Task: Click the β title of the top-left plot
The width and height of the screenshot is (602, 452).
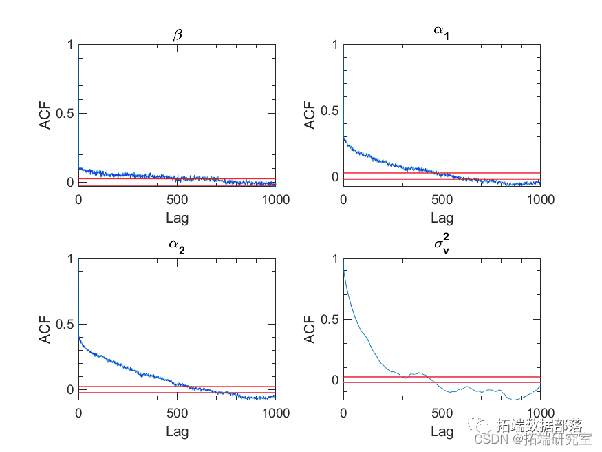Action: pos(177,34)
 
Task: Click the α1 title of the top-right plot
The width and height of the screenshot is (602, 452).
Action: pos(442,32)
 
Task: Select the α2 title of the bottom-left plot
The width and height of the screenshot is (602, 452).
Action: pos(177,247)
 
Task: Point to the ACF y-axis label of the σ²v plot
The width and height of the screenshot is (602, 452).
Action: pos(310,329)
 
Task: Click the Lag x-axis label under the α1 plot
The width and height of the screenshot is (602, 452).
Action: pos(442,218)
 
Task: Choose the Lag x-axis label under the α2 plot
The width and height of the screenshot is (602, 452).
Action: pos(177,432)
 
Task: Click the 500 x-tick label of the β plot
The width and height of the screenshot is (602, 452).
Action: pos(177,200)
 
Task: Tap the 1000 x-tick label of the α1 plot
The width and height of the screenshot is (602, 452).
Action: pos(540,200)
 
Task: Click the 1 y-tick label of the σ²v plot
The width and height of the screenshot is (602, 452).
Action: pos(335,259)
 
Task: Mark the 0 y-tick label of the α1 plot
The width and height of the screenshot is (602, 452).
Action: pos(335,176)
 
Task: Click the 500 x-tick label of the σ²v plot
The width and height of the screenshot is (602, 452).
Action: pos(442,413)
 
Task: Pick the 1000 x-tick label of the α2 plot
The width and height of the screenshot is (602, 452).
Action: pos(275,413)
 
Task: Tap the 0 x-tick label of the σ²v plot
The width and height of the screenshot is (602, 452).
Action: pos(343,413)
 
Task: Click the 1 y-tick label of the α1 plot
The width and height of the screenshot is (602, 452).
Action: pos(335,45)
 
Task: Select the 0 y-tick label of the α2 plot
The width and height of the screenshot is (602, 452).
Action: pos(69,390)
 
